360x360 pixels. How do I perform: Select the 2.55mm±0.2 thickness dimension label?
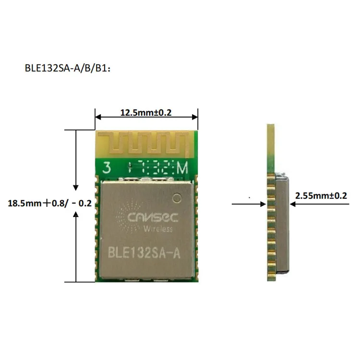point(320,195)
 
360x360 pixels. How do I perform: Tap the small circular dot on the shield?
point(178,197)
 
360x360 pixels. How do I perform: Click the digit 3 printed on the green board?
point(107,168)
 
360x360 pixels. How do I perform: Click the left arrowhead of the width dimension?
point(98,116)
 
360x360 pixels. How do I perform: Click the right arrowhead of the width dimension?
point(195,116)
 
